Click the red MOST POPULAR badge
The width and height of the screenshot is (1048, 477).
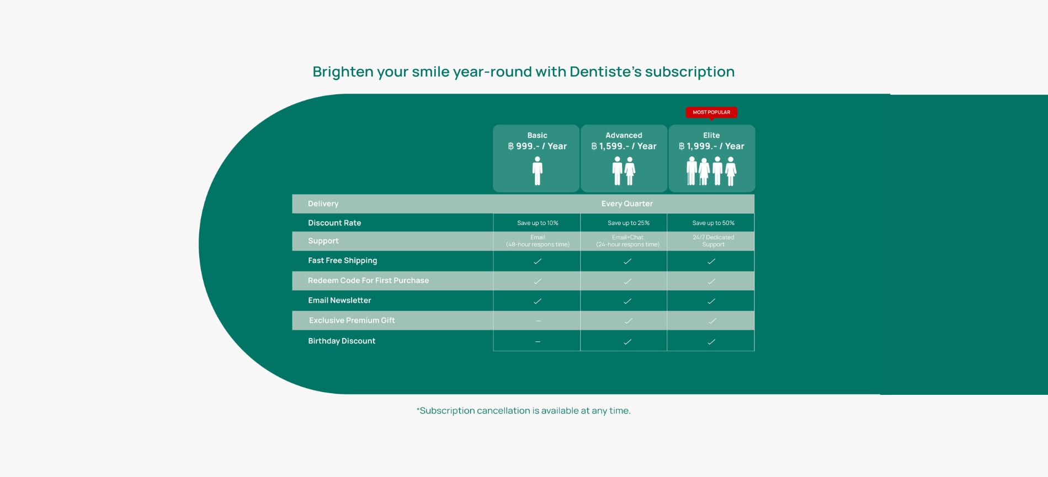coord(711,112)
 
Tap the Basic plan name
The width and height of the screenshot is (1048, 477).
coord(537,135)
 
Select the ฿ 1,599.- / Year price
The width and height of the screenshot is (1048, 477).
coord(624,146)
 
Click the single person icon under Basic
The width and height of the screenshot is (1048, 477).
coord(538,170)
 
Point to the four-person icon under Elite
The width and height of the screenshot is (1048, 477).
coord(711,171)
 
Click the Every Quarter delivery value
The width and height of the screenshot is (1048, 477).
coord(627,203)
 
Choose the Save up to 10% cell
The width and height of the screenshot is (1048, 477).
coord(538,223)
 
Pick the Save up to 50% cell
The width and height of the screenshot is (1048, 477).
coord(713,223)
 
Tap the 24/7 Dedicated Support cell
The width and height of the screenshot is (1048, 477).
coord(713,241)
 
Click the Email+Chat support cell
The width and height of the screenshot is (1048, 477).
coord(627,241)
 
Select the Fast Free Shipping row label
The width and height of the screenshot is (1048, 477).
coord(342,260)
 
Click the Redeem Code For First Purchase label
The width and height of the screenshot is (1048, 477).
coord(368,280)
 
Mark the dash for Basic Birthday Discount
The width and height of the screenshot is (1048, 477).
coord(538,342)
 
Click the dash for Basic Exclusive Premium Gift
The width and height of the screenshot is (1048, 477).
coord(539,321)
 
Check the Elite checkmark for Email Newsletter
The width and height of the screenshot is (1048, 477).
coord(711,301)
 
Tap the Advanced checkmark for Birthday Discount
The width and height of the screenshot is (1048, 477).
coord(627,342)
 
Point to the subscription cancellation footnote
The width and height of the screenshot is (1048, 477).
coord(523,410)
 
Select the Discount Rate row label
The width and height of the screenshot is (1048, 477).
coord(334,223)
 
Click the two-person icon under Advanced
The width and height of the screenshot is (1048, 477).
coord(624,171)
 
